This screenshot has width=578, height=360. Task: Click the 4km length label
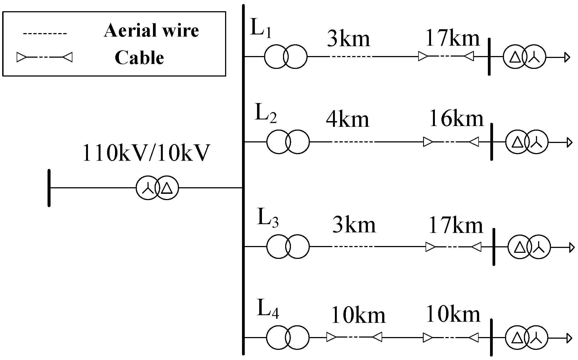pos(347,119)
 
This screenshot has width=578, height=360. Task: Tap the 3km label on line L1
pos(348,39)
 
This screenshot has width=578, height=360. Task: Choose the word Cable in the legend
pos(139,58)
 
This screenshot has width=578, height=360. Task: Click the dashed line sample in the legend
pos(45,34)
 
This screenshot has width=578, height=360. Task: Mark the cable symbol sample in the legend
pos(45,57)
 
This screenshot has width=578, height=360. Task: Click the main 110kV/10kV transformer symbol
pos(157,188)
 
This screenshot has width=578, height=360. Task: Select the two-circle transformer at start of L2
pos(288,142)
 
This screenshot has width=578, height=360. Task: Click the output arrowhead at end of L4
pos(569,338)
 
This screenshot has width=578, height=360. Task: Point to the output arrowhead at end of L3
pos(572,247)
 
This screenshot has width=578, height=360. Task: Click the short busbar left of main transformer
pos(49,188)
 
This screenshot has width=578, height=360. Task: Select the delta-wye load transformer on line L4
pos(527,338)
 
